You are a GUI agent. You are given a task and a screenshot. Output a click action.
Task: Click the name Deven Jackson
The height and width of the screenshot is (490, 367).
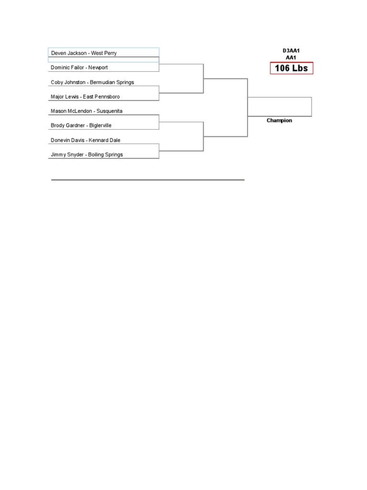point(69,53)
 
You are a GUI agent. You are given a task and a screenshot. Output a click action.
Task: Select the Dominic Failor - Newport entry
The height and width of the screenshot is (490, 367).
point(79,68)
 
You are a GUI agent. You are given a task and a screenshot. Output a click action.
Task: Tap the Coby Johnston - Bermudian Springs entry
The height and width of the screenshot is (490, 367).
point(92,82)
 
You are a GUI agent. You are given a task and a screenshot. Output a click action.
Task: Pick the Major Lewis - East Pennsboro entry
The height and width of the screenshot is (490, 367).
point(85,97)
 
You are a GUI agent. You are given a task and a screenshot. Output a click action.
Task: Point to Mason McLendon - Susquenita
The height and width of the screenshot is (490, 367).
point(86,111)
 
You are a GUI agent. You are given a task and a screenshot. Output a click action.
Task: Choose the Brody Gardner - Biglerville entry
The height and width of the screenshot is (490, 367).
point(81,125)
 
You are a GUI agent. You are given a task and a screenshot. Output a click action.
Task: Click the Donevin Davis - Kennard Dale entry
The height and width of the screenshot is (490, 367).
point(86,140)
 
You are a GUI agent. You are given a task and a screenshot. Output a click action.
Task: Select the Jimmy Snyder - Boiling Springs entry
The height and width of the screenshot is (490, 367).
point(86,155)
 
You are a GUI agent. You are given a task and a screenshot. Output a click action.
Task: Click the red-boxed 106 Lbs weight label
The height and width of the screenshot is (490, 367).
point(291,68)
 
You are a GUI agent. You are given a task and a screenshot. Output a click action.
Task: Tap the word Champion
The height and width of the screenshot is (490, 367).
point(279,121)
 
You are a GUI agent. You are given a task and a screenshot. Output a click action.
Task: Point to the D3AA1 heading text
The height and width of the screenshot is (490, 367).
point(291,50)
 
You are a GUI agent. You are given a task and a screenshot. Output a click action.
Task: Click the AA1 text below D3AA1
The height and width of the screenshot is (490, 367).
point(291,57)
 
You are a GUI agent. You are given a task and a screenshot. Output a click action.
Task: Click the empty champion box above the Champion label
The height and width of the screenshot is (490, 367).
point(280,106)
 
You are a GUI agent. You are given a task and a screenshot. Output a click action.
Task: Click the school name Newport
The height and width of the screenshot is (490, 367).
point(98,68)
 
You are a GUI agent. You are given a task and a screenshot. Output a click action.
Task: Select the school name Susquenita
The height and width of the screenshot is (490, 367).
point(109,111)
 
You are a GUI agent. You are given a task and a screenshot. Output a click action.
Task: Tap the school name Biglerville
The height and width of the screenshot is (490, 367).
point(101,125)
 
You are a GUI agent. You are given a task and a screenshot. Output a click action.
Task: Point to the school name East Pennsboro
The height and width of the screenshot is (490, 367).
point(101,97)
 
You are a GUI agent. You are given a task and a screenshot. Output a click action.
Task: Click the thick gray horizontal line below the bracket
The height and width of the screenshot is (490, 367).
point(148,180)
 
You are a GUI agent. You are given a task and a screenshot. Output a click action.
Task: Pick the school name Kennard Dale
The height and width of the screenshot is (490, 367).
point(105,140)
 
